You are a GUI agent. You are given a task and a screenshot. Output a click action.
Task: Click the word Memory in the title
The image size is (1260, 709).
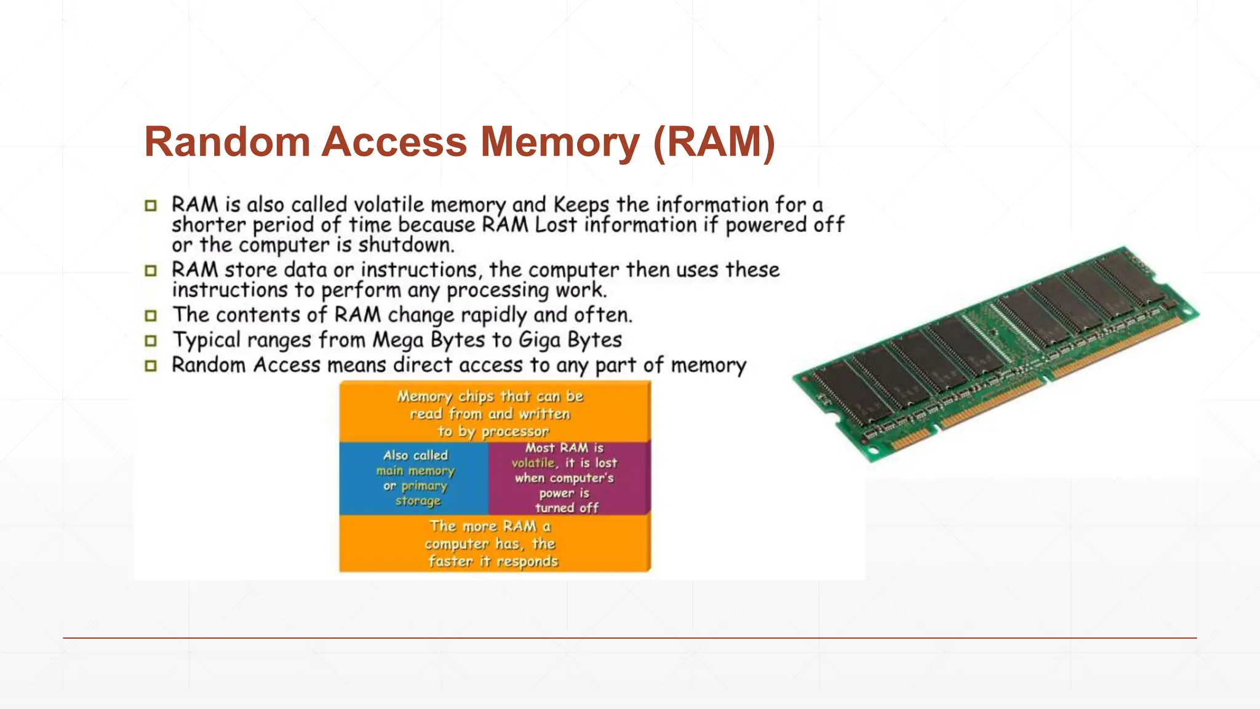pyautogui.click(x=560, y=143)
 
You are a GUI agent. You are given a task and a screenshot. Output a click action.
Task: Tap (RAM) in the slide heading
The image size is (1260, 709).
pyautogui.click(x=714, y=143)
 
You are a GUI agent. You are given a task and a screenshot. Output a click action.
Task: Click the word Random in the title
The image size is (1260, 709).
pyautogui.click(x=227, y=143)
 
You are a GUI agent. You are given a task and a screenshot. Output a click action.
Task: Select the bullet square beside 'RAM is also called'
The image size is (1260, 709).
pyautogui.click(x=151, y=206)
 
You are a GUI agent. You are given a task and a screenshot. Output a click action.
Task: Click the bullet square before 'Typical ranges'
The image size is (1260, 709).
pyautogui.click(x=151, y=341)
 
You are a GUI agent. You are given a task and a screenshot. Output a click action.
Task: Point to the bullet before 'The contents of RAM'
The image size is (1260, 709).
pyautogui.click(x=151, y=316)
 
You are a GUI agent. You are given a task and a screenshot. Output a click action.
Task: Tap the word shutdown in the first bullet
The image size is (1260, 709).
pyautogui.click(x=405, y=245)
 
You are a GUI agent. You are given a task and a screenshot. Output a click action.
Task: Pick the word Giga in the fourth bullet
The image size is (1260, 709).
pyautogui.click(x=539, y=340)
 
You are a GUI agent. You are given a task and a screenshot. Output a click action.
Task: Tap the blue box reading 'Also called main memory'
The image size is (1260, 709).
pyautogui.click(x=413, y=478)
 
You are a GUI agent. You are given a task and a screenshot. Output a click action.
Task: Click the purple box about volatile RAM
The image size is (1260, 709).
pyautogui.click(x=569, y=478)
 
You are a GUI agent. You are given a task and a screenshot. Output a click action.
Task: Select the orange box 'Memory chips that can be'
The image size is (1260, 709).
pyautogui.click(x=494, y=412)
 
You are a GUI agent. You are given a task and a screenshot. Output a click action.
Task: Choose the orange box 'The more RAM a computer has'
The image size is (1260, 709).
pyautogui.click(x=494, y=543)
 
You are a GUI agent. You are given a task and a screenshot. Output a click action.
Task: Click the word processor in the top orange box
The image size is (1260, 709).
pyautogui.click(x=514, y=432)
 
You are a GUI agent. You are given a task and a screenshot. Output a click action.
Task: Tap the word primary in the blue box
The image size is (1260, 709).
pyautogui.click(x=424, y=486)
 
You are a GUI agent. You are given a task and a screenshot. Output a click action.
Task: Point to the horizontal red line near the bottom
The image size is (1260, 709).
pyautogui.click(x=630, y=638)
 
